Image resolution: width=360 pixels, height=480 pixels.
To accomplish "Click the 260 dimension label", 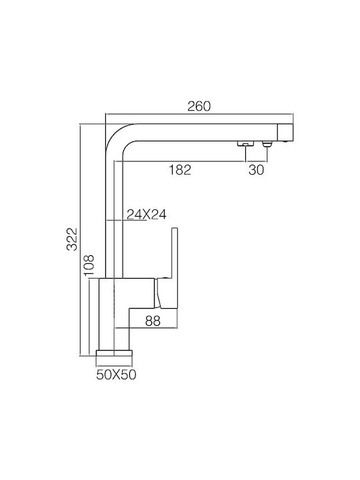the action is pos(199,106).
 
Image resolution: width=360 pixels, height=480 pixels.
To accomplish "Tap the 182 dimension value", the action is pos(180,169).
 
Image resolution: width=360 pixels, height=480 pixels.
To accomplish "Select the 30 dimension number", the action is pos(256,169).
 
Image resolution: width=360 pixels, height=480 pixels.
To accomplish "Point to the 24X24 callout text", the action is pos(147,215).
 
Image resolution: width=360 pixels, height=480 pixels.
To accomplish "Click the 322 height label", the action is pos(72,239).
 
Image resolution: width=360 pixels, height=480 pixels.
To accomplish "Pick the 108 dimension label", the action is pos(89,265).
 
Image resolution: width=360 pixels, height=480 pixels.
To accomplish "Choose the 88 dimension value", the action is pos(153,321).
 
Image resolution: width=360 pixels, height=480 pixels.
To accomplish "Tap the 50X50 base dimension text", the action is pos(116,375).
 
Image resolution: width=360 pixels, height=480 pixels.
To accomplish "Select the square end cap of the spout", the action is pos(285,133).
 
